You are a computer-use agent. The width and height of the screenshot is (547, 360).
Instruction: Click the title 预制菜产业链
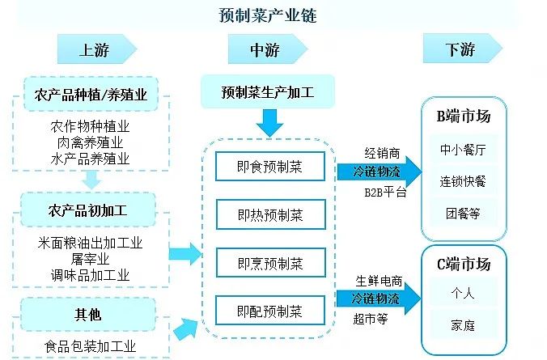[273, 15]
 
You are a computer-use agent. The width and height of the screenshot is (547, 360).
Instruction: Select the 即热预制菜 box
[270, 214]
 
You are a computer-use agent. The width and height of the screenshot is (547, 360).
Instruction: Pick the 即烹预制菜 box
[270, 263]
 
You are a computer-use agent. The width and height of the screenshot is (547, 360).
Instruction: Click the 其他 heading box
[91, 313]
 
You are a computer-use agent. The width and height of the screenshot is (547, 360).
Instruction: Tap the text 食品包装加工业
[90, 347]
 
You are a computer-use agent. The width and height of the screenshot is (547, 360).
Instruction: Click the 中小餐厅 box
[464, 149]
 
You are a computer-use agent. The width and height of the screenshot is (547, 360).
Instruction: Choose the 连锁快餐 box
[464, 180]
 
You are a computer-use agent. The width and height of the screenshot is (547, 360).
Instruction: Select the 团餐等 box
[464, 213]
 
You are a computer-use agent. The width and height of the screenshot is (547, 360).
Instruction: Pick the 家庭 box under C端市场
[464, 325]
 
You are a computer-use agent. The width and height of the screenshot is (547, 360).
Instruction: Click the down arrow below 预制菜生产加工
[270, 123]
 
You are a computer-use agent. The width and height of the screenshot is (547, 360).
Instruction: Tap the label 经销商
[382, 152]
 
